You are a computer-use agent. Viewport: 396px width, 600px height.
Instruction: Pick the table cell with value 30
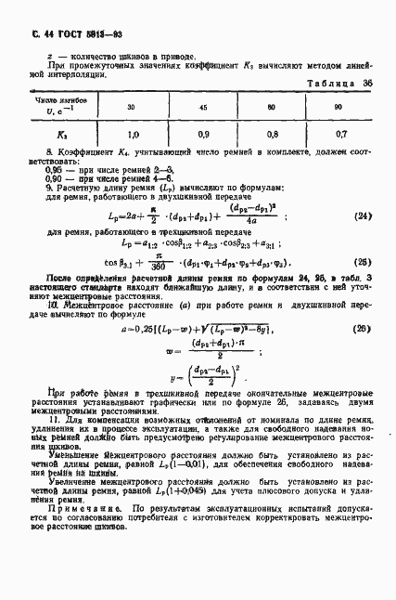click(134, 106)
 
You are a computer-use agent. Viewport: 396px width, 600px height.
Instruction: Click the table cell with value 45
click(204, 106)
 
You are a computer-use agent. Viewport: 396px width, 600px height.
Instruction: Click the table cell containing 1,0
click(134, 134)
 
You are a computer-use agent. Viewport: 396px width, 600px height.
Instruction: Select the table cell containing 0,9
click(204, 134)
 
